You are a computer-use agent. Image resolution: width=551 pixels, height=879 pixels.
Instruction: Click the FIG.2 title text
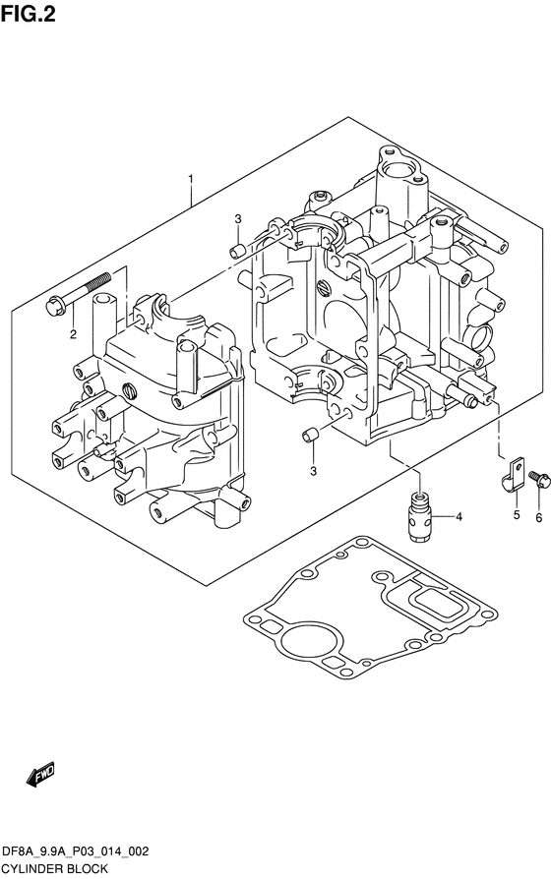point(29,14)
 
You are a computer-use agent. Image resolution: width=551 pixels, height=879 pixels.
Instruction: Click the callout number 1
point(191,179)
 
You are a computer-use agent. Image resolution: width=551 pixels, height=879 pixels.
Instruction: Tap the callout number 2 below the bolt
point(73,334)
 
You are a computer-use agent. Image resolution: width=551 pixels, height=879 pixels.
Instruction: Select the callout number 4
point(459,517)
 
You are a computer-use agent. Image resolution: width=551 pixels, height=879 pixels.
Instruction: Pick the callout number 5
point(517,514)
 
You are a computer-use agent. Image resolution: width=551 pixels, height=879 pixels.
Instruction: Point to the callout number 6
point(538,518)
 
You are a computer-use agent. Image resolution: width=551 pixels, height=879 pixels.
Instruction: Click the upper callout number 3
point(238,218)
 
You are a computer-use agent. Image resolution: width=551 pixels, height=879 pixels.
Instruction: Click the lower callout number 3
point(313,471)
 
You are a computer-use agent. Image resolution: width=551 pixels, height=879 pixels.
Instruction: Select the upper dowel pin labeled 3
point(237,251)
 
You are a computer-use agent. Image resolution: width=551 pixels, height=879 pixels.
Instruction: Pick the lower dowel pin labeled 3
point(310,435)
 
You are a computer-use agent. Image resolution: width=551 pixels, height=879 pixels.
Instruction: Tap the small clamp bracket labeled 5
point(512,476)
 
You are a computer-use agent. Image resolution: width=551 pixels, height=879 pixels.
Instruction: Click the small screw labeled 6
point(540,479)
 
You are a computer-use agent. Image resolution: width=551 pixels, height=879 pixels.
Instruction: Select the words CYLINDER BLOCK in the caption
point(55,869)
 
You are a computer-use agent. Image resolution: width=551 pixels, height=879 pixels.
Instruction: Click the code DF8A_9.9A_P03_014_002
point(76,851)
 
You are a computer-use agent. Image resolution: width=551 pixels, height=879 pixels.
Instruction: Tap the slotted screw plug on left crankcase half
point(130,390)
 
